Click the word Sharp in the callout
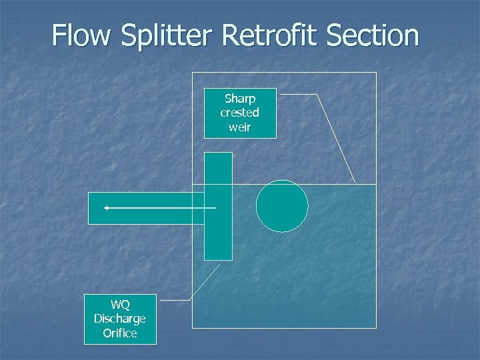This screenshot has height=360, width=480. [x=240, y=99]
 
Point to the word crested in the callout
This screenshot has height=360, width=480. [x=240, y=113]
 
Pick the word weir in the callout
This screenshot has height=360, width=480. [x=240, y=127]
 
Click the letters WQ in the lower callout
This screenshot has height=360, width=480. [x=120, y=305]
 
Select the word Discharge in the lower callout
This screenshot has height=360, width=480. [x=120, y=319]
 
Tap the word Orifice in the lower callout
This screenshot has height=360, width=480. [x=120, y=333]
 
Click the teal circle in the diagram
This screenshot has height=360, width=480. [x=282, y=206]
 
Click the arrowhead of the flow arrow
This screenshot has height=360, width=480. [x=106, y=208]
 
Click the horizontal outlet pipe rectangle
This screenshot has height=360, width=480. [x=147, y=217]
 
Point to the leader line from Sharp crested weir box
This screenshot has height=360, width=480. [x=336, y=138]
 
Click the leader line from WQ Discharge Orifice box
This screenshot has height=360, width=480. [x=204, y=283]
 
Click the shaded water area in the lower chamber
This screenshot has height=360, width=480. [x=320, y=280]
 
